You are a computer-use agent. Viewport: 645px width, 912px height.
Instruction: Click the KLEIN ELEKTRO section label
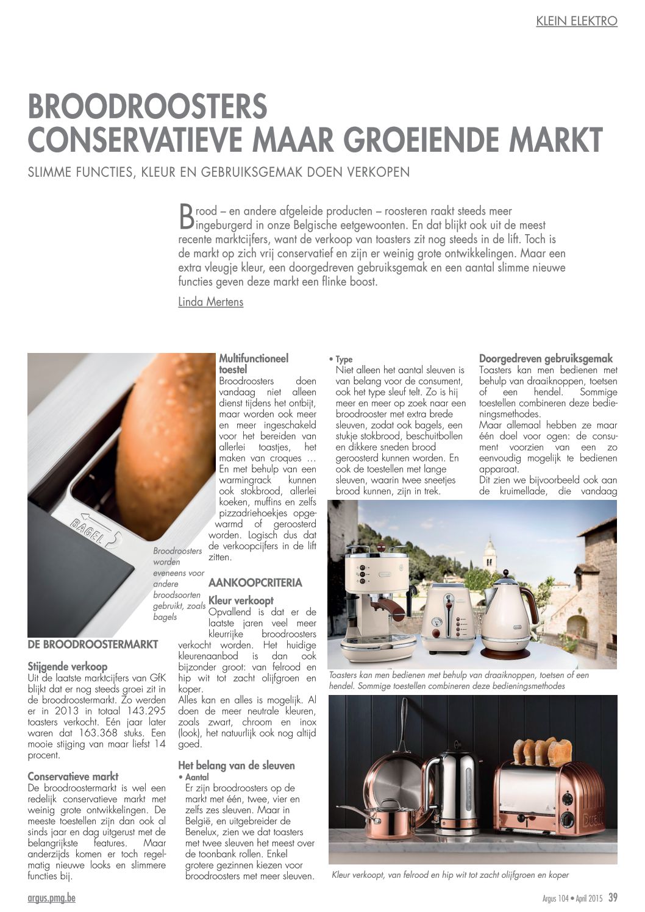point(576,21)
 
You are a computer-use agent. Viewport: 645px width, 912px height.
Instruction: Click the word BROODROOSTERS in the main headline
point(148,107)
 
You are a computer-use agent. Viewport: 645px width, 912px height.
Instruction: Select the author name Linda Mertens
point(210,302)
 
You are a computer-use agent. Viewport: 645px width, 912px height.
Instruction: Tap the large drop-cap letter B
point(187,216)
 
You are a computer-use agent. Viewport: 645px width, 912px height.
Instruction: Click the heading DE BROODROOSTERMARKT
point(93,644)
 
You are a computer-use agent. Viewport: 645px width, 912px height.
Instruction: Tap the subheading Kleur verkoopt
point(241,600)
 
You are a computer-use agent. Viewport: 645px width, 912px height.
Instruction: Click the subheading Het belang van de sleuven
point(237,765)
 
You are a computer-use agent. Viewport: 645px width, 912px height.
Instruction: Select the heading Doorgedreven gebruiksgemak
point(546,358)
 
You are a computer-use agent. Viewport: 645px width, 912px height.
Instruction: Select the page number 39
point(613,897)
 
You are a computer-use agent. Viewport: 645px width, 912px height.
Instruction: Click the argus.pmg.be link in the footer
point(52,897)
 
